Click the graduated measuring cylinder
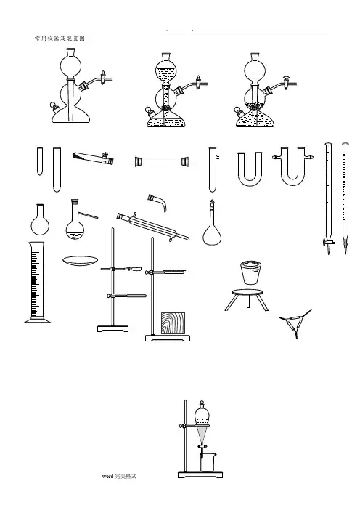pos(37,282)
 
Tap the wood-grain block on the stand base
pos(173,323)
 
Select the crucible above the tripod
pos(250,272)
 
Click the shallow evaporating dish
pos(81,261)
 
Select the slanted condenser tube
pos(153,227)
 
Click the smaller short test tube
pos(40,161)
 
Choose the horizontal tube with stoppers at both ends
pos(163,162)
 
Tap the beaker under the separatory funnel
pos(208,462)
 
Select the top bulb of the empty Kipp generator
pos(70,65)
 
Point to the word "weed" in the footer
pos(107,476)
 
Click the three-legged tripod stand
pos(247,299)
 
